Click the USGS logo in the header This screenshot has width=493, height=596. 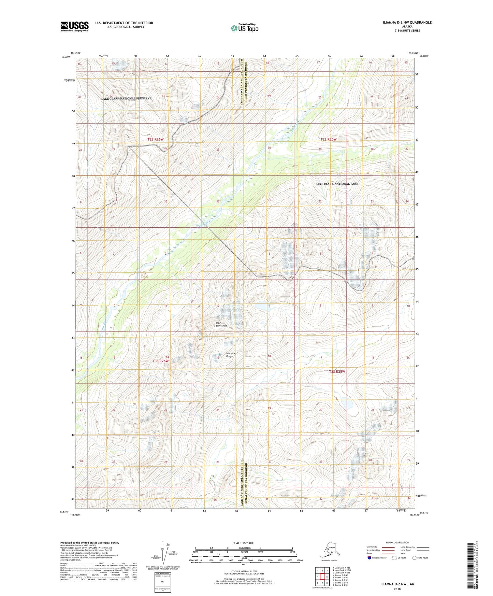74,26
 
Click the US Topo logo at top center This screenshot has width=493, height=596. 244,28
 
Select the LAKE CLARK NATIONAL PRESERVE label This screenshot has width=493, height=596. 126,98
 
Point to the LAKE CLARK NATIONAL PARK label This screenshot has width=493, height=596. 336,184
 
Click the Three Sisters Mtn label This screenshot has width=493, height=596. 220,324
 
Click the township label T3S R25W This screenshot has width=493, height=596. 337,371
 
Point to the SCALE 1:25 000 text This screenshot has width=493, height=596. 244,543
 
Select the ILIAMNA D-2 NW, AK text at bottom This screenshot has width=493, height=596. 397,584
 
